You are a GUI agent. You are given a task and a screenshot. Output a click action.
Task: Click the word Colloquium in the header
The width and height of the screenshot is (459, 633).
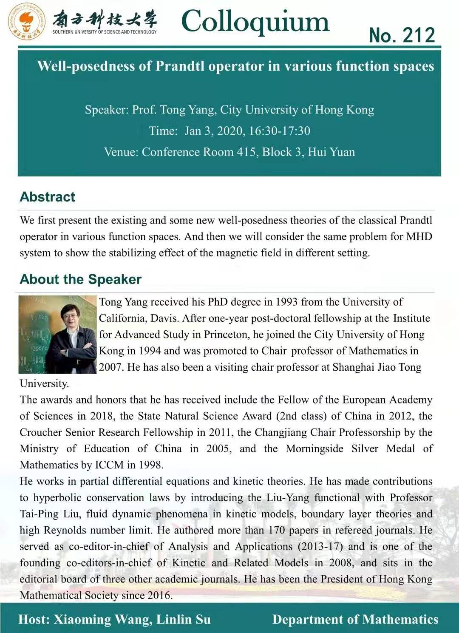255,21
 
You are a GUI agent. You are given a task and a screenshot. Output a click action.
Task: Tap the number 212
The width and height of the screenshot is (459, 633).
419,35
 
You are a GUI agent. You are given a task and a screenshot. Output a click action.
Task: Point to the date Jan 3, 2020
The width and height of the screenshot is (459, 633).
214,131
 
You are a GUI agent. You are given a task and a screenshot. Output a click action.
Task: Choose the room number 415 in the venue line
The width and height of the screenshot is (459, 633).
246,152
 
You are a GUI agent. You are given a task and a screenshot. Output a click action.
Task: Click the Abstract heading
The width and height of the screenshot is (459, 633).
47,197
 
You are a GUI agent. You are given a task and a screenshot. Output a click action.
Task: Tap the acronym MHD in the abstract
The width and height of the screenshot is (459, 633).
419,236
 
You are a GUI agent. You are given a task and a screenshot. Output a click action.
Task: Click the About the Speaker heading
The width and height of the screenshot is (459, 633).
80,279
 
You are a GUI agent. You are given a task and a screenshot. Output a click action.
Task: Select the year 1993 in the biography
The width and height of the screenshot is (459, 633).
286,302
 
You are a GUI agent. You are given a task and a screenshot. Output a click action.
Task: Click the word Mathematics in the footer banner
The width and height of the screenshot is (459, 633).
400,619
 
